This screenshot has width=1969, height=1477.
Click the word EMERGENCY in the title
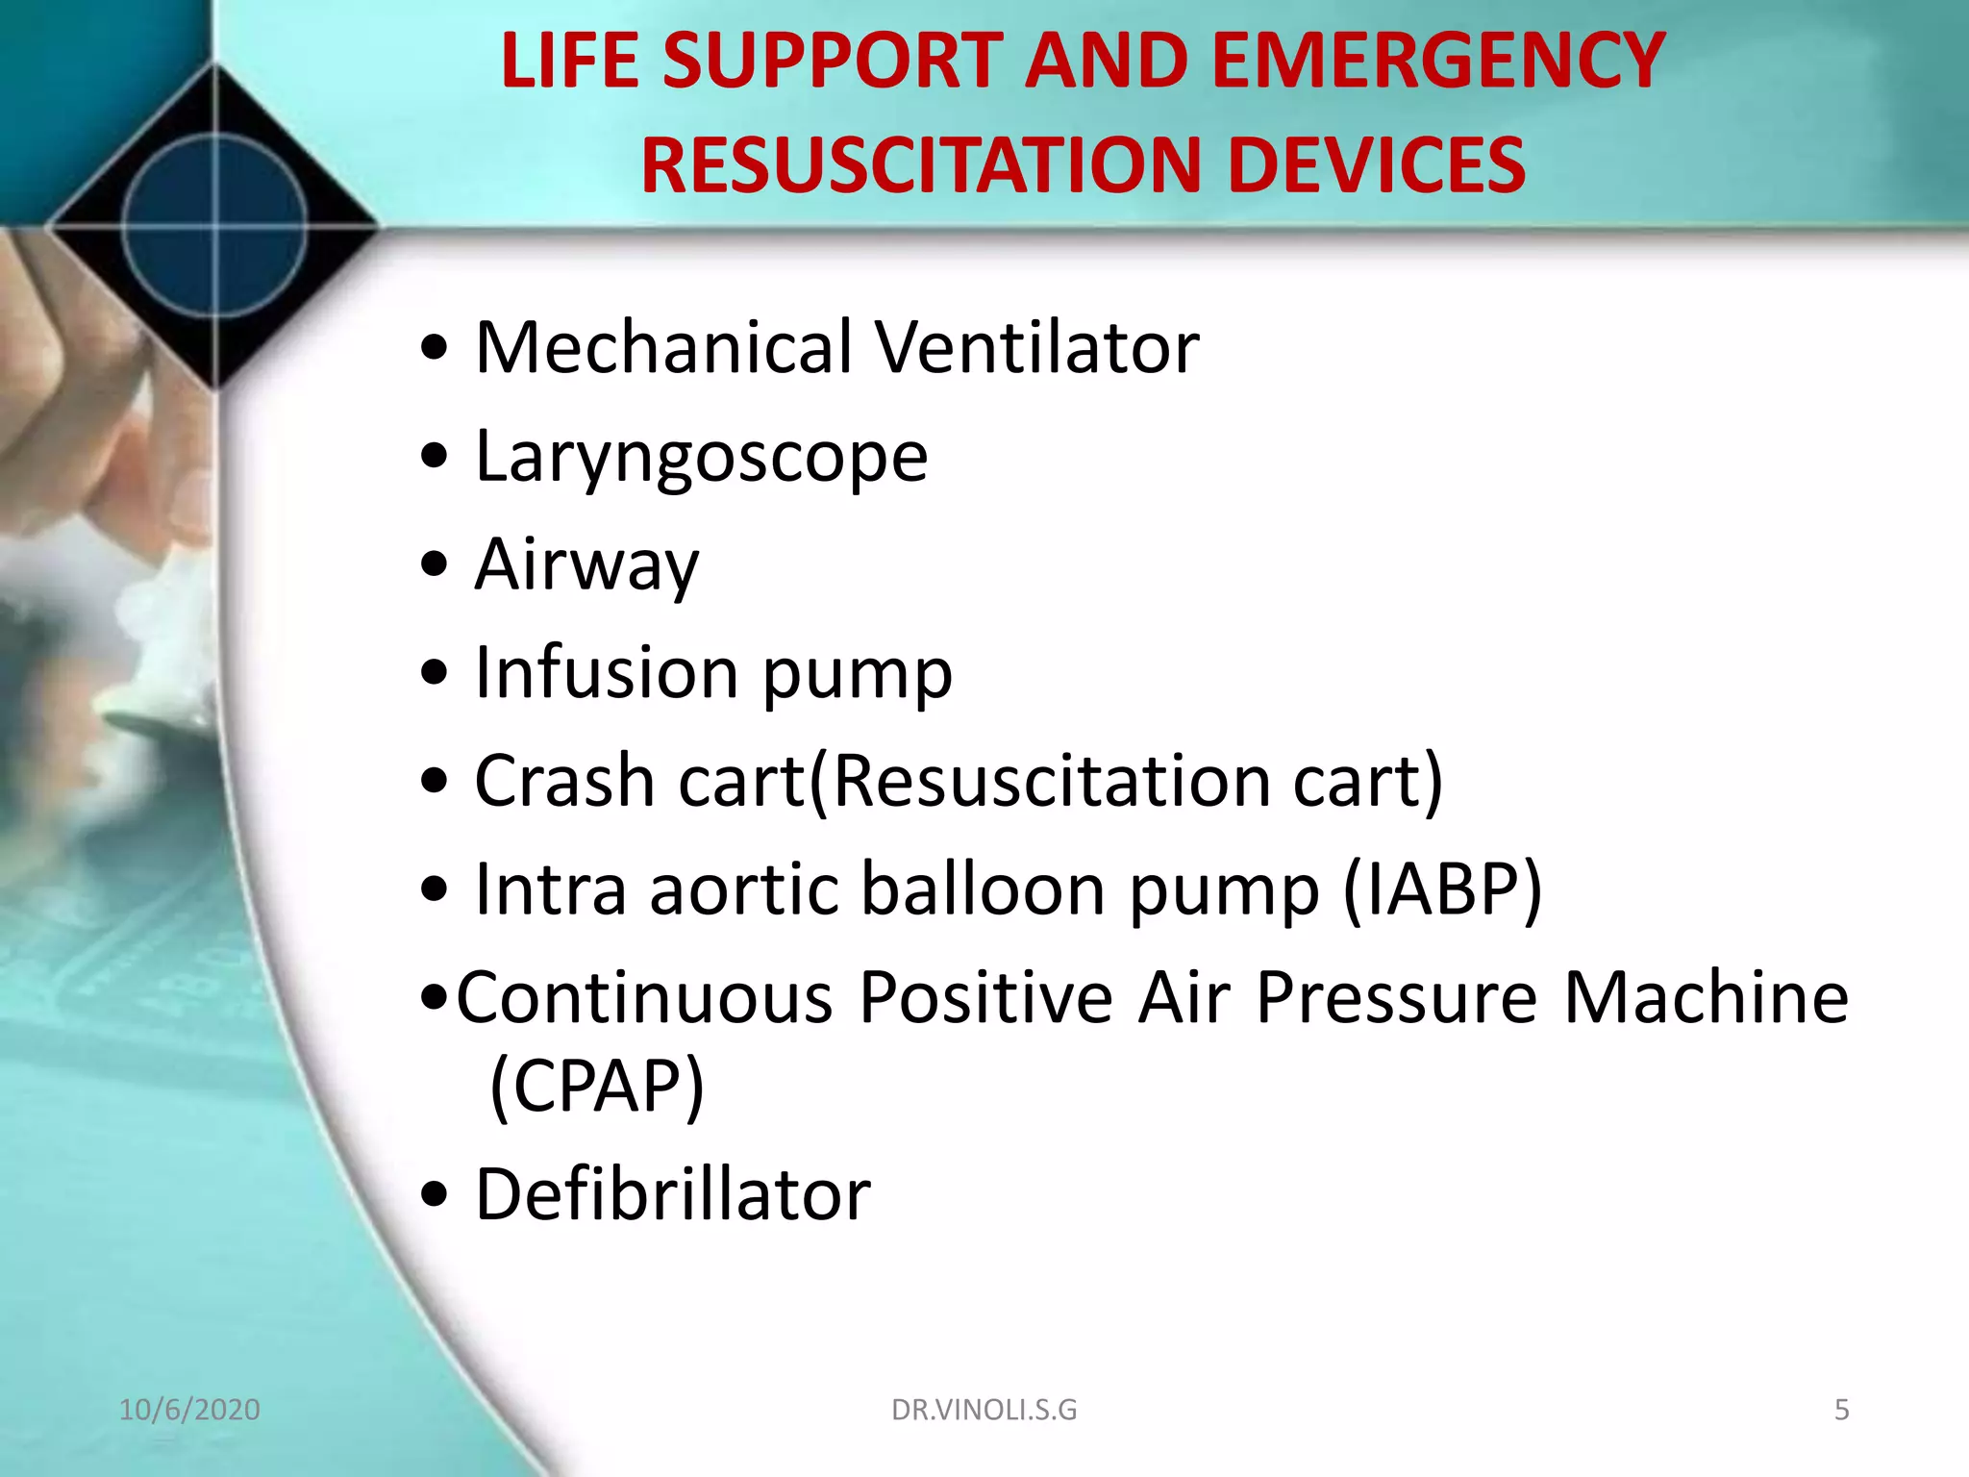1438,62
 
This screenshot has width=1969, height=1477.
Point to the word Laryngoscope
702,458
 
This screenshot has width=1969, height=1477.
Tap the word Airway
586,565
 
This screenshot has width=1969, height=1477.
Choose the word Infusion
607,672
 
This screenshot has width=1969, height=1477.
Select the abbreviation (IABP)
1442,890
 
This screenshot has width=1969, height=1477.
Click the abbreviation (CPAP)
597,1087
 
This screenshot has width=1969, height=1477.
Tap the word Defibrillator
673,1194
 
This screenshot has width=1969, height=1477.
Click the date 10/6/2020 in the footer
189,1410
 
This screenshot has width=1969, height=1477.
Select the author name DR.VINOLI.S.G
984,1410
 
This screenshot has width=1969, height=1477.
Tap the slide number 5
1841,1410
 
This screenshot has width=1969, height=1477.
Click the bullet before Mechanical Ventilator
435,348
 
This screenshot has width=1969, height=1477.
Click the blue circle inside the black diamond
214,227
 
